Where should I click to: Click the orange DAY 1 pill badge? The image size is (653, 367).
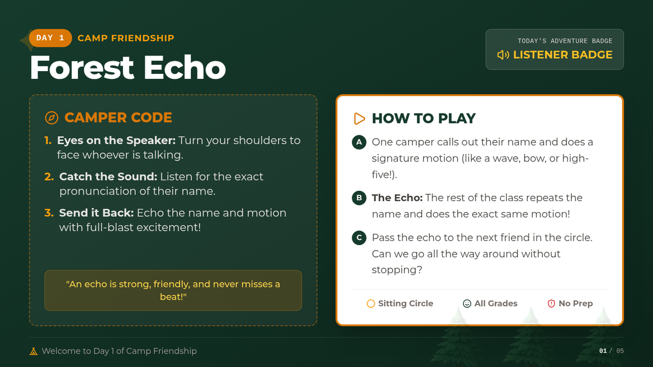pyautogui.click(x=51, y=38)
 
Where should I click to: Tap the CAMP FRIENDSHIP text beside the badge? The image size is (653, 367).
pyautogui.click(x=126, y=38)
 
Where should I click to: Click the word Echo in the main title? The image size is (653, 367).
pyautogui.click(x=184, y=67)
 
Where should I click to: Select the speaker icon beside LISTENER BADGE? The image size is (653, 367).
pyautogui.click(x=503, y=55)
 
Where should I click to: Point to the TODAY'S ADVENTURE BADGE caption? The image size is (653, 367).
pyautogui.click(x=565, y=41)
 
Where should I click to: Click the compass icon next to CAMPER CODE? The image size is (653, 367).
pyautogui.click(x=52, y=117)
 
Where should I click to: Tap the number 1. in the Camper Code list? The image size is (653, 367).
pyautogui.click(x=48, y=140)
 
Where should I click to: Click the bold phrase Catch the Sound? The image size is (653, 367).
pyautogui.click(x=108, y=177)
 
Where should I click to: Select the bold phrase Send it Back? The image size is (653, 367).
pyautogui.click(x=96, y=213)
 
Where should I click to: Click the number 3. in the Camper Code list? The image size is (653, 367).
pyautogui.click(x=49, y=213)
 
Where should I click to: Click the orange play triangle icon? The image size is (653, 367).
pyautogui.click(x=359, y=119)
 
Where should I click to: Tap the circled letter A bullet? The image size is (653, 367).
pyautogui.click(x=359, y=142)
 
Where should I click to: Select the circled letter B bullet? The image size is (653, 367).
pyautogui.click(x=359, y=198)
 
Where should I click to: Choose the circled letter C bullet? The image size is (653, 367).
pyautogui.click(x=359, y=238)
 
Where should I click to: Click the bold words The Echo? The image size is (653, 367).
pyautogui.click(x=397, y=198)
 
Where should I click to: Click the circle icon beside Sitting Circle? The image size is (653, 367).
pyautogui.click(x=371, y=303)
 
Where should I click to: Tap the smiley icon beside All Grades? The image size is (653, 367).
pyautogui.click(x=467, y=303)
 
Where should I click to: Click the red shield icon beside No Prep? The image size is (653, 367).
pyautogui.click(x=551, y=303)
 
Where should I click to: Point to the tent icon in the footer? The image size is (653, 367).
pyautogui.click(x=34, y=351)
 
